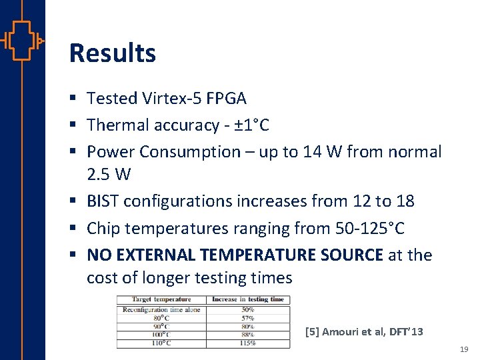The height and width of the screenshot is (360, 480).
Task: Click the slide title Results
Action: point(112,53)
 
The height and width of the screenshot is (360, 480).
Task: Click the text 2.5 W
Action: point(109,175)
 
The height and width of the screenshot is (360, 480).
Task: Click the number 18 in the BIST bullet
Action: point(405,201)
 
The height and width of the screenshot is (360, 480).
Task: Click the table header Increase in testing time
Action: point(247,299)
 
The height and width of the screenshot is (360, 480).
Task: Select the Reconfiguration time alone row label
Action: point(161,309)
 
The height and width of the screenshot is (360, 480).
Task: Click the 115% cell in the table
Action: point(247,343)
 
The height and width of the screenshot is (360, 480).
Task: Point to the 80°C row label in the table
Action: point(161,318)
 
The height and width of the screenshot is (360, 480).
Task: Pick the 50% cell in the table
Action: point(247,309)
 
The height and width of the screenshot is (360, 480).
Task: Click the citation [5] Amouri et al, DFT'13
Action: point(363,331)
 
